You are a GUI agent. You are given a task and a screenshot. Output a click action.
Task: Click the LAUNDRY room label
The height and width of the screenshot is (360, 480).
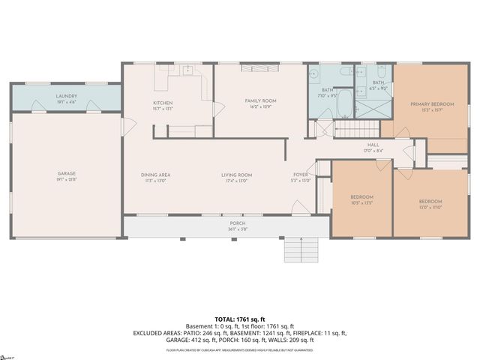[x=67, y=96]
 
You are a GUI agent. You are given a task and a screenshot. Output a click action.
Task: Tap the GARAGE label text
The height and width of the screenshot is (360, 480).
[x=67, y=174]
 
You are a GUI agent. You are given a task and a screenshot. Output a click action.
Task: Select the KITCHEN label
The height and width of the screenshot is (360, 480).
[x=163, y=103]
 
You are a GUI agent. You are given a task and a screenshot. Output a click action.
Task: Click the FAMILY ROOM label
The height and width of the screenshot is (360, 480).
[x=261, y=100]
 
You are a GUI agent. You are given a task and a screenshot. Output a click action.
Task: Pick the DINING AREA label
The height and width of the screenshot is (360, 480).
[x=156, y=175]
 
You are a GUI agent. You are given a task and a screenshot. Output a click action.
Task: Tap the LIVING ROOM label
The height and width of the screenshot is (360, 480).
[x=235, y=175]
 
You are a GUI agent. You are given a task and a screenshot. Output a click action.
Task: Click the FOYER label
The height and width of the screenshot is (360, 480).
[x=300, y=175]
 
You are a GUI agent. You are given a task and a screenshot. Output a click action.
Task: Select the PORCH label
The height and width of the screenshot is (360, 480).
[x=237, y=223]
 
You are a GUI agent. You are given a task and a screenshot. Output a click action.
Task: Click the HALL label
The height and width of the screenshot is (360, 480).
[x=373, y=145]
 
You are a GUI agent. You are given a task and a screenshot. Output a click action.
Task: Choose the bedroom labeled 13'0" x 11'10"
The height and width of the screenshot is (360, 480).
[x=430, y=202]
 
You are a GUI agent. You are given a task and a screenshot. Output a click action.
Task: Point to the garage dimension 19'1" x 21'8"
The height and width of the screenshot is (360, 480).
[x=67, y=180]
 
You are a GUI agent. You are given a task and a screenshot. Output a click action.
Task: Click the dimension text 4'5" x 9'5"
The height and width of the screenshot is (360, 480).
[x=378, y=88]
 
